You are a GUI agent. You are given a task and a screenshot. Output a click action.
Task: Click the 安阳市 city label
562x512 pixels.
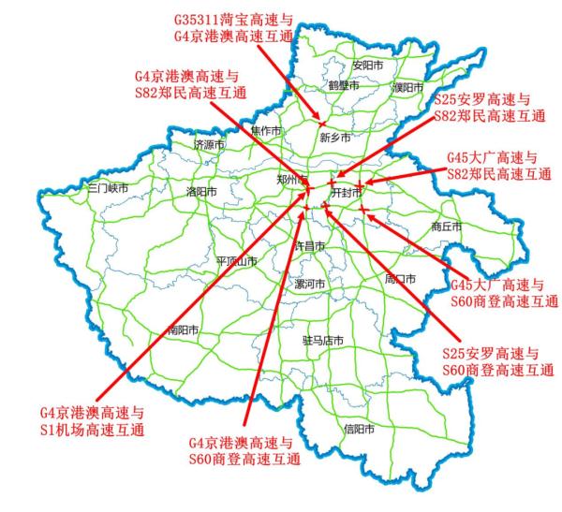coord(368,66)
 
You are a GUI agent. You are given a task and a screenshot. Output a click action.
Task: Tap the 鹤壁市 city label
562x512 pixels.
coord(345,85)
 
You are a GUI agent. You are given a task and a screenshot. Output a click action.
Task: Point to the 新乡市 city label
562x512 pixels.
coord(335,137)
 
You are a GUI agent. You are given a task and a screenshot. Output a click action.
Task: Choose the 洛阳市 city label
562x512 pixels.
coord(201,191)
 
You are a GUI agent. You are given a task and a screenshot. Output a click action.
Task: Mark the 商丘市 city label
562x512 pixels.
coord(447,227)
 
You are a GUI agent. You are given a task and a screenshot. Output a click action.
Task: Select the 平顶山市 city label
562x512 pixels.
coord(235,261)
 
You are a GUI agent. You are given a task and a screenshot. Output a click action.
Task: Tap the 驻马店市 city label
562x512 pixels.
coord(323,341)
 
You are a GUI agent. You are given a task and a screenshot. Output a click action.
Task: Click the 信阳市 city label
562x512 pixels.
coord(359,430)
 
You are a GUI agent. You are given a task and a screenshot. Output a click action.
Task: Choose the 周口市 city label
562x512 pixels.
coord(400,278)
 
